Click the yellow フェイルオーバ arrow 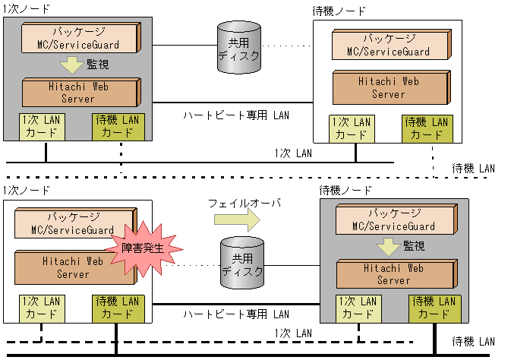235,219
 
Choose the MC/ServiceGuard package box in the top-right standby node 396,45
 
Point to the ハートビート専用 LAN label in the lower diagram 236,314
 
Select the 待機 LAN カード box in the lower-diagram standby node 433,308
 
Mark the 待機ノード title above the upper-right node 339,11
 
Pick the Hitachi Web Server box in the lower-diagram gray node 395,273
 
